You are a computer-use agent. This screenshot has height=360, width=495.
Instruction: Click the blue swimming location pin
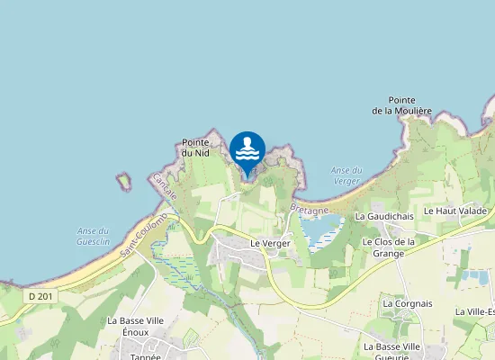(x=247, y=149)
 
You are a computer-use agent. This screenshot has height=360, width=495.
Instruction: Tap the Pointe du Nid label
(x=195, y=148)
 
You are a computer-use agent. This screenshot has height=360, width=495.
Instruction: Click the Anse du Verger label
(x=346, y=175)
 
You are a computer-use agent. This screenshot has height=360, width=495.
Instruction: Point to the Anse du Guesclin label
(x=93, y=237)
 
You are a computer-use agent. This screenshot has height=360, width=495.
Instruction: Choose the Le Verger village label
(x=269, y=243)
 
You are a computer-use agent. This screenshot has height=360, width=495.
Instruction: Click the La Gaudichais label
(x=384, y=216)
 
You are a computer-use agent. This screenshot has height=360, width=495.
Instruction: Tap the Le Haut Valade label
(x=455, y=211)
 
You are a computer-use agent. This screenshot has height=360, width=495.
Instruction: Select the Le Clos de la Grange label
(x=388, y=247)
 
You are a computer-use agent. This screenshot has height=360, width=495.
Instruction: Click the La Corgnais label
(x=407, y=303)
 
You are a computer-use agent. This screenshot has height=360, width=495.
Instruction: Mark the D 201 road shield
(x=39, y=296)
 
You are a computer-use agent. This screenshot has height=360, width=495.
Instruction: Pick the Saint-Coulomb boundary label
(x=145, y=233)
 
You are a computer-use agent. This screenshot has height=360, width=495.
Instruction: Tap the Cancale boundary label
(x=165, y=186)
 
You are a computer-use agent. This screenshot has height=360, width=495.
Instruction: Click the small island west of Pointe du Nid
(x=124, y=181)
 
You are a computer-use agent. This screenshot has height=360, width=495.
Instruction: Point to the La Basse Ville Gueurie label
(x=392, y=351)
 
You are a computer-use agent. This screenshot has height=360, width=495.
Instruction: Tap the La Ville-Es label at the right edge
(x=474, y=311)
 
